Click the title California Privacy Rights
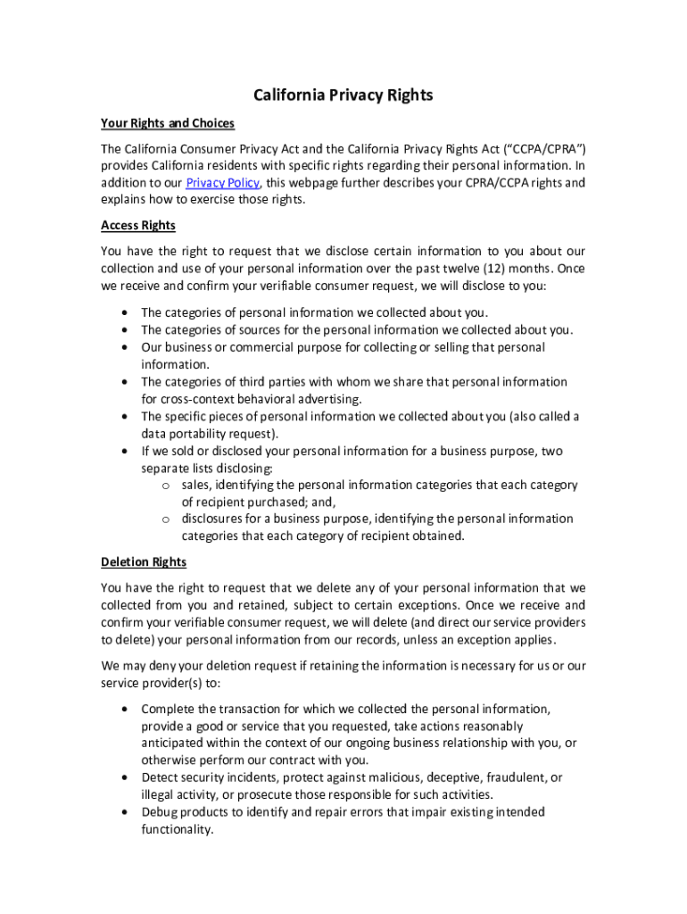[x=343, y=96]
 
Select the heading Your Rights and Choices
[x=168, y=123]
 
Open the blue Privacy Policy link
[x=223, y=183]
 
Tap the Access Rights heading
[x=138, y=225]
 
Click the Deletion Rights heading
[x=144, y=561]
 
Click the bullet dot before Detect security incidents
[x=123, y=777]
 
